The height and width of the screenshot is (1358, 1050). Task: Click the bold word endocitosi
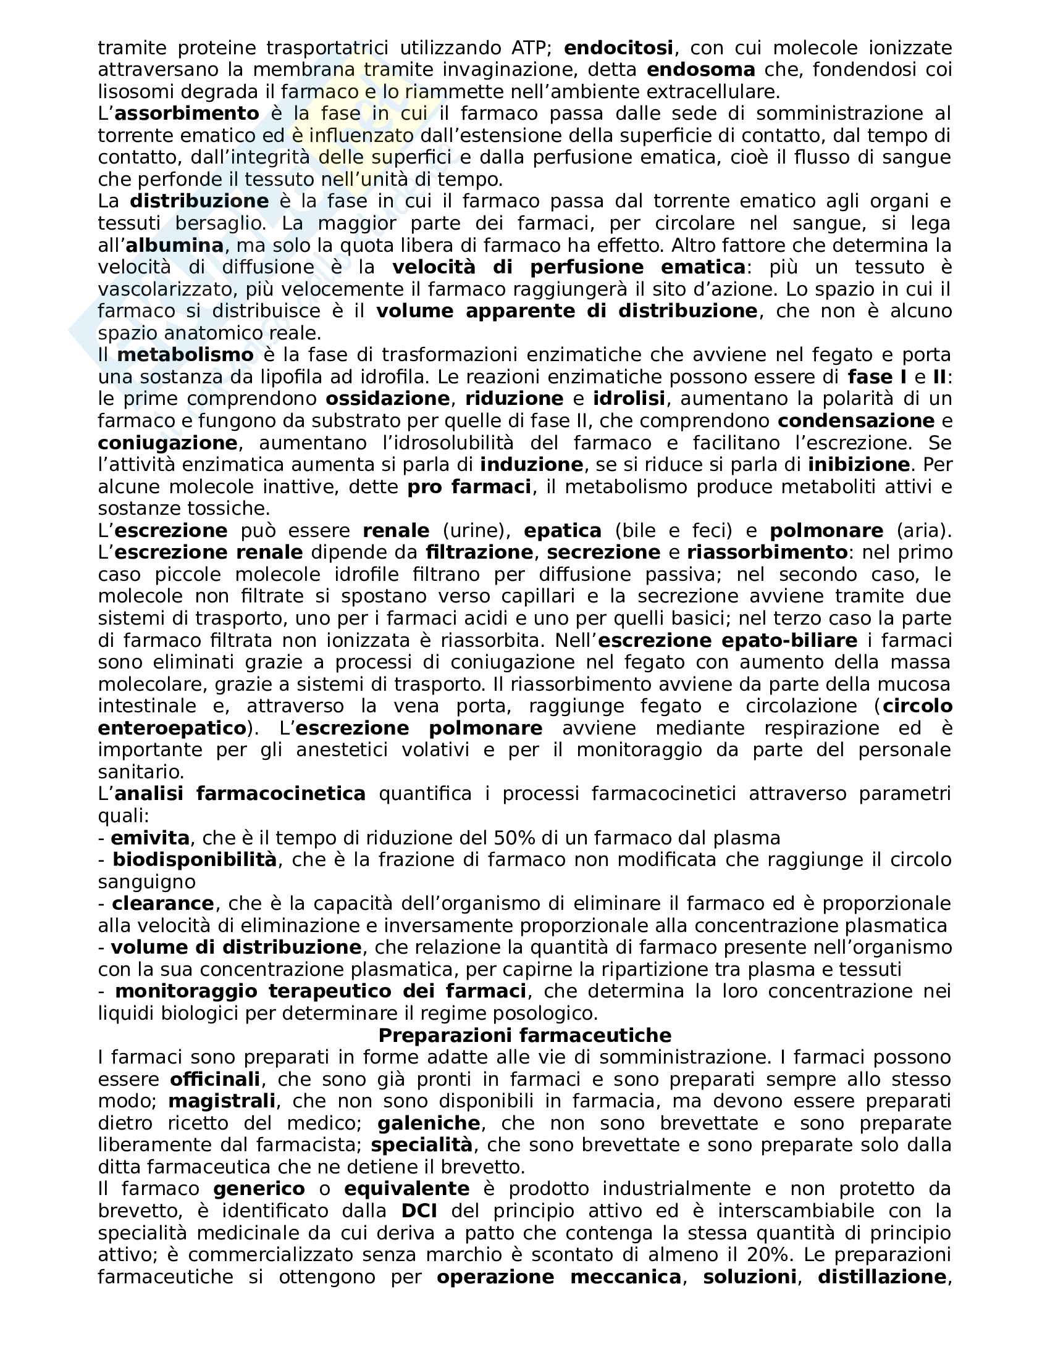618,48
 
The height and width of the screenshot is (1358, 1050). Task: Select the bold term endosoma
701,70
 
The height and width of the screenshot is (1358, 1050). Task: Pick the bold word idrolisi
629,399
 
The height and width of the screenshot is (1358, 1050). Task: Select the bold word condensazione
856,421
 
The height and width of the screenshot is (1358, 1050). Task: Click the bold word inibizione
859,464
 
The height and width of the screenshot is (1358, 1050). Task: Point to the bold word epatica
562,530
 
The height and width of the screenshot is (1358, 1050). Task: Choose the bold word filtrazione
479,552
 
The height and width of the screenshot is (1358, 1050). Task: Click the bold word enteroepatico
172,728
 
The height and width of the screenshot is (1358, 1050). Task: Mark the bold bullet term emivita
150,838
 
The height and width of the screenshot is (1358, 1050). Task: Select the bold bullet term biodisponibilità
194,860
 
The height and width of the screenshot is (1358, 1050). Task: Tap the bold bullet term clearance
163,904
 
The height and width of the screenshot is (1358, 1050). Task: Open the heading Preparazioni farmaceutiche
525,1035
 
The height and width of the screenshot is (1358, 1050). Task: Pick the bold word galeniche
429,1123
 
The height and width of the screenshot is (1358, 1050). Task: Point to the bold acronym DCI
415,1211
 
